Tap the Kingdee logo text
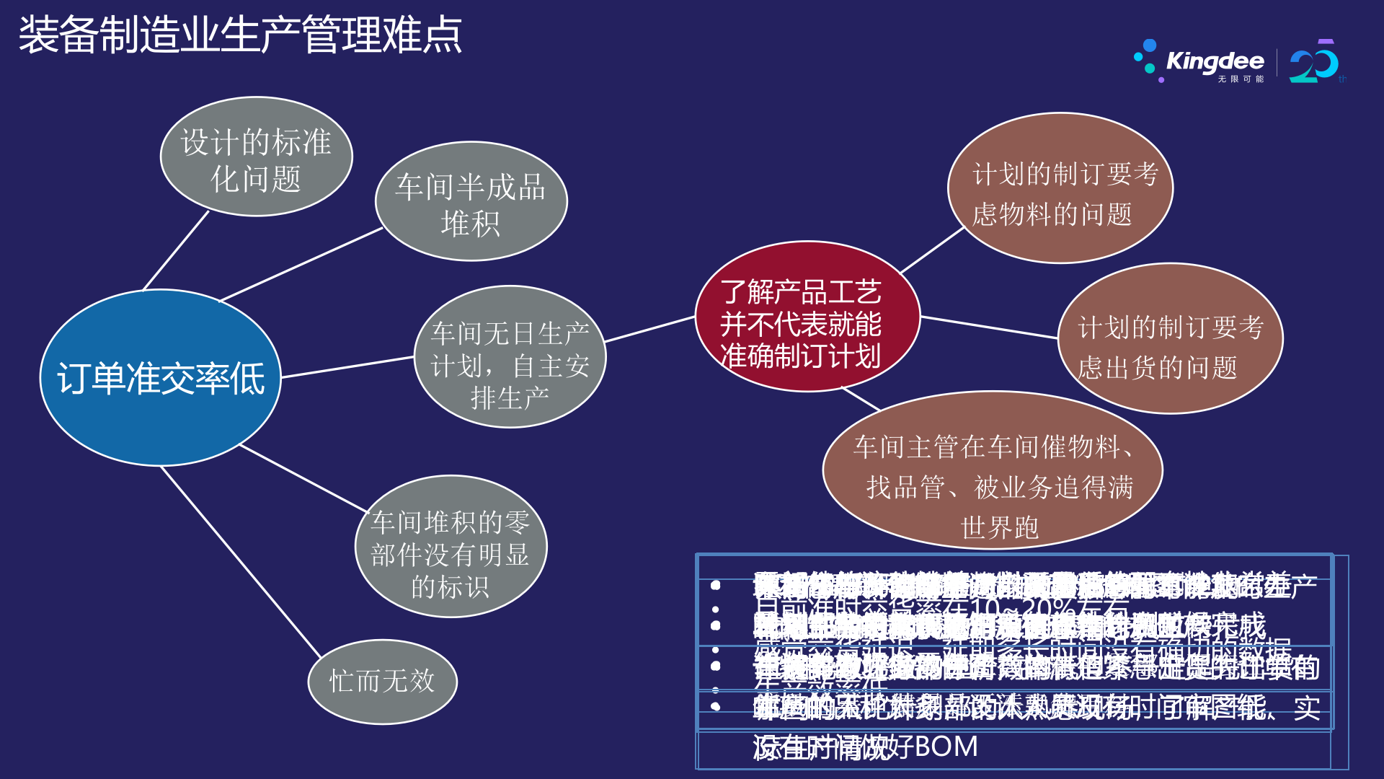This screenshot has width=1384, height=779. pos(1215,61)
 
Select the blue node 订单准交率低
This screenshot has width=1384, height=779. pos(160,378)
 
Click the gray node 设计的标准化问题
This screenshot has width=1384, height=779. pos(256,157)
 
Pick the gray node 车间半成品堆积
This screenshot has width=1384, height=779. pos(471,203)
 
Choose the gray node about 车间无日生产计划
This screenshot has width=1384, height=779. pos(510,358)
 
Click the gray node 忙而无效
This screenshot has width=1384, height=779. pos(382,682)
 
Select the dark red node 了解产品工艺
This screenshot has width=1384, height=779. pos(807,317)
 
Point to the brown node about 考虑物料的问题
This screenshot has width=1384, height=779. pos(1060,189)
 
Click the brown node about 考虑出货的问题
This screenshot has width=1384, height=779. pos(1170,339)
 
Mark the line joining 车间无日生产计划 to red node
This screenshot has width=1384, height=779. pos(649,329)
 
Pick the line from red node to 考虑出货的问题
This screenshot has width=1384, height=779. pos(989,327)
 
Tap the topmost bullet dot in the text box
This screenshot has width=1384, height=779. pos(716,585)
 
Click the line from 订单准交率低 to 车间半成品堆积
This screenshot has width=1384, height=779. pos(301,264)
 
